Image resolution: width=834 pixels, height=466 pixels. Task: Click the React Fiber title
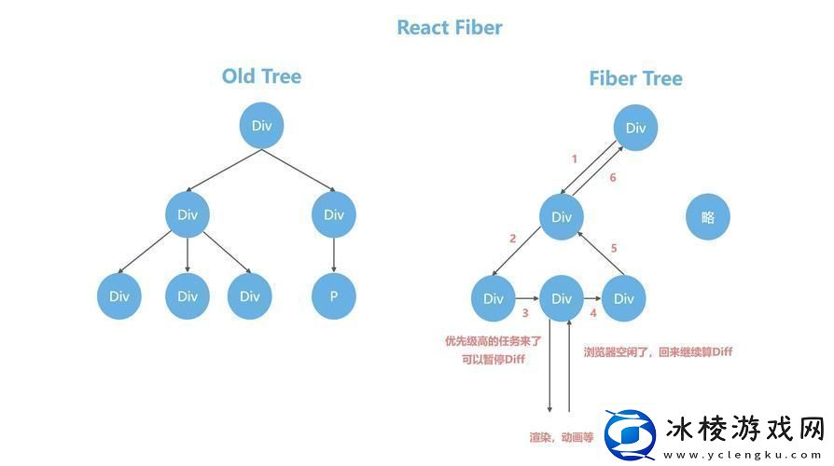(x=450, y=27)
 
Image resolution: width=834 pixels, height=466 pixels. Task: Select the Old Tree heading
(x=261, y=76)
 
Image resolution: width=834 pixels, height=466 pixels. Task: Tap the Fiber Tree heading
(x=635, y=78)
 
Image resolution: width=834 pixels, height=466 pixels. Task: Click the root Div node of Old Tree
(x=261, y=126)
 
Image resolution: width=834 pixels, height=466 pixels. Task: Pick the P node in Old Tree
(x=333, y=296)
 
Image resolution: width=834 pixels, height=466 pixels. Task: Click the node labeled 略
(x=707, y=217)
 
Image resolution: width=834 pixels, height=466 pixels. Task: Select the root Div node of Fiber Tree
(x=635, y=129)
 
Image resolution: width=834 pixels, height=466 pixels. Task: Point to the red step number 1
(x=574, y=158)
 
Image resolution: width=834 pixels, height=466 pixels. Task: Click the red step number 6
(x=612, y=178)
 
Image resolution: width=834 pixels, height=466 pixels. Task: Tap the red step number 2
(x=512, y=239)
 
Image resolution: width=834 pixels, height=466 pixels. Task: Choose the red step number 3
(x=525, y=314)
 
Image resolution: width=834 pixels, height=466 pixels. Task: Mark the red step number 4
(x=592, y=314)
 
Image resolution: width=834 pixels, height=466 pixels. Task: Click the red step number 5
(x=613, y=248)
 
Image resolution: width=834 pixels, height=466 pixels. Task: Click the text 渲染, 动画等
(x=561, y=436)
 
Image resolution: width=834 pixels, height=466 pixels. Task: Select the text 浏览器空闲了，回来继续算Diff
(x=658, y=351)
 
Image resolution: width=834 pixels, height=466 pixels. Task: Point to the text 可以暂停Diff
(x=493, y=361)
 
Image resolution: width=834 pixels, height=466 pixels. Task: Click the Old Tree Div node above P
(x=333, y=214)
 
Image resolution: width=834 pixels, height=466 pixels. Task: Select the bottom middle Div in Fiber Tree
(x=561, y=298)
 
